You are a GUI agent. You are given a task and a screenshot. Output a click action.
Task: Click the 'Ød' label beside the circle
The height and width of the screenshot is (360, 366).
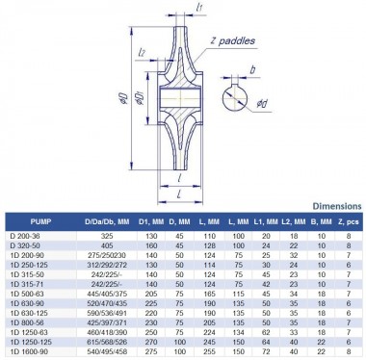coord(250,117)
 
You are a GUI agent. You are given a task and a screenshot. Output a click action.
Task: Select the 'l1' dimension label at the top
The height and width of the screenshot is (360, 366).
coord(196,9)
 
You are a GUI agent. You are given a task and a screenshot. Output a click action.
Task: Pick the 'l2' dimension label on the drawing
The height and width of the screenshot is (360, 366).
coord(142,51)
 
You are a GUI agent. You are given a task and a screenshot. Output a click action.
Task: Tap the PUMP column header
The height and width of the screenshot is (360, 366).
coord(28,220)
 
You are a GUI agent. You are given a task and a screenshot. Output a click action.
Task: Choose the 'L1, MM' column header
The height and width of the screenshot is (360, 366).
coord(266,220)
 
